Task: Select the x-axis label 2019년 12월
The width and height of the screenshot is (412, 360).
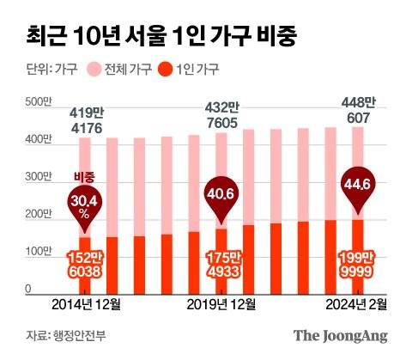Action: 220,303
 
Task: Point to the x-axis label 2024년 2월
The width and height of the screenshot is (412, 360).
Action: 358,303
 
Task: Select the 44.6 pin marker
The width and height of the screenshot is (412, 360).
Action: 358,186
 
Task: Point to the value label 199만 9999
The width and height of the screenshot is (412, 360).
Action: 358,265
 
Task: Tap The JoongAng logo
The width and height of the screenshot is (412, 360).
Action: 341,335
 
